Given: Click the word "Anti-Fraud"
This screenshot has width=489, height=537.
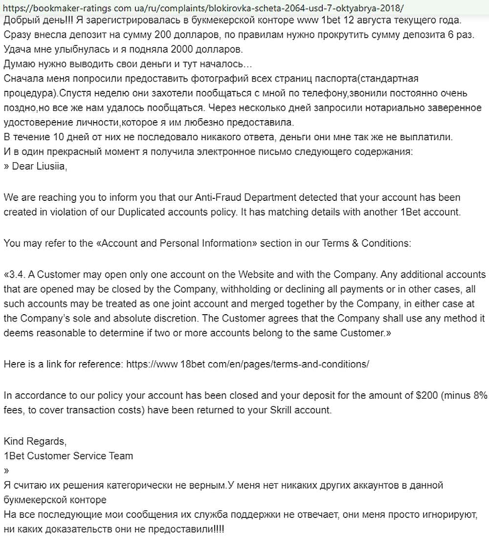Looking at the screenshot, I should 219,198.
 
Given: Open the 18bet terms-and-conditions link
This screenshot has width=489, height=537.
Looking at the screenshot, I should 247,365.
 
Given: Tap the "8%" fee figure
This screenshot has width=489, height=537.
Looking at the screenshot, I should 477,396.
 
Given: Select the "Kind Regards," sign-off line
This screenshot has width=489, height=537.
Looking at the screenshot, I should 35,441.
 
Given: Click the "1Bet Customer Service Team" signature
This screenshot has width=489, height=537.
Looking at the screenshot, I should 68,456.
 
